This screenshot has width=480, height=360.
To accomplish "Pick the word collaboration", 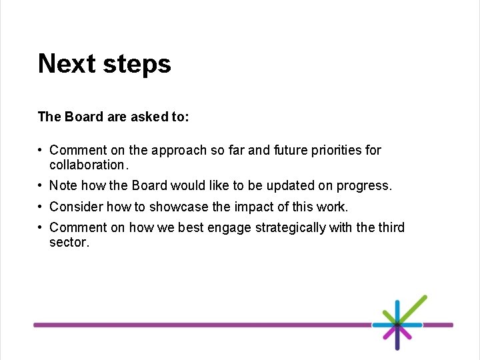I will [x=87, y=165].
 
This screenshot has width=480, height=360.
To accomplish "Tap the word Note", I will [x=63, y=185].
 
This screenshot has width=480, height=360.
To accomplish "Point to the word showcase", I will [x=183, y=207].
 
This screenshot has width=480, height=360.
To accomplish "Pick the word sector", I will [x=69, y=243].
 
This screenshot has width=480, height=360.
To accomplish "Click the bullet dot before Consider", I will [x=41, y=207].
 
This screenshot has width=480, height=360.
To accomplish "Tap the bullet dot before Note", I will [x=41, y=185].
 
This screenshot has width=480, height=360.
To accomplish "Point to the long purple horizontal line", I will [x=200, y=325].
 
